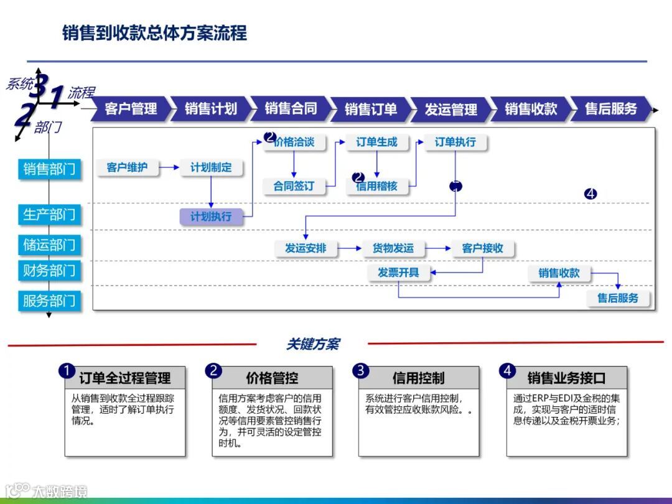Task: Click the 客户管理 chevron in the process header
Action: click(131, 109)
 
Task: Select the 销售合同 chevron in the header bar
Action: click(291, 109)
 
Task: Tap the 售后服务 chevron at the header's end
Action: click(611, 109)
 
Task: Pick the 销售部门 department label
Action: click(49, 169)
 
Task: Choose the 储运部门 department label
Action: click(49, 245)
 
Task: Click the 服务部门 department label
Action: click(49, 301)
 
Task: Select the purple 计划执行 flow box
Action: click(211, 217)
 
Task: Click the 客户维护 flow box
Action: click(128, 167)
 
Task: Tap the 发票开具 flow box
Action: click(398, 273)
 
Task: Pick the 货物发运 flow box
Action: click(393, 248)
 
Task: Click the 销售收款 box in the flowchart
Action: click(559, 273)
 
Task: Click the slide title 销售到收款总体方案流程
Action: click(155, 33)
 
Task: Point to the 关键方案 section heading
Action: click(312, 344)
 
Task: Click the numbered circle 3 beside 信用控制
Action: click(360, 371)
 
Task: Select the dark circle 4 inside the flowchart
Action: click(590, 194)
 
